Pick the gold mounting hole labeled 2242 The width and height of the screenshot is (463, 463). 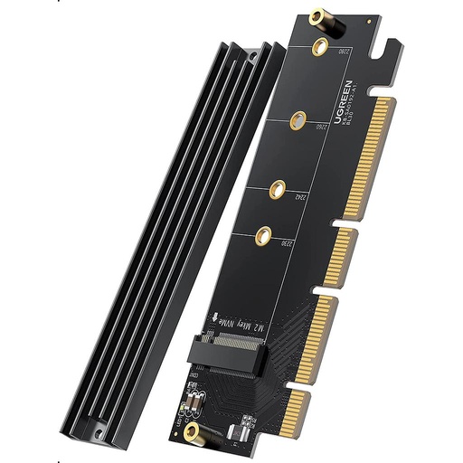tap(276, 190)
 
